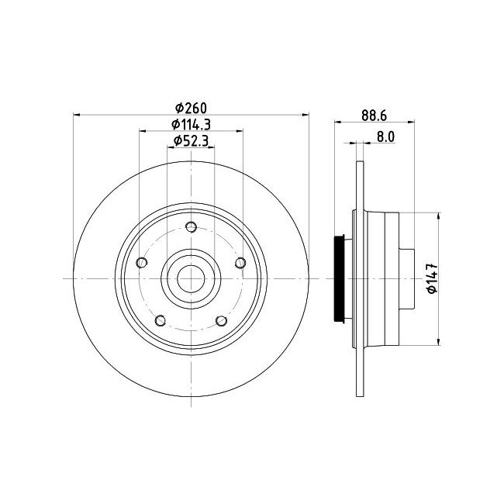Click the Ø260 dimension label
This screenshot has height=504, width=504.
191,108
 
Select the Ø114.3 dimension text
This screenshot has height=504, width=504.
191,124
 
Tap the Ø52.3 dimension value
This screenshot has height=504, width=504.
191,141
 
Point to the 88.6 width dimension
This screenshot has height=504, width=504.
374,116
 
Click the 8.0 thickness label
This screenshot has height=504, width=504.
385,137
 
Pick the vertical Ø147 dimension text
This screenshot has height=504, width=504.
433,278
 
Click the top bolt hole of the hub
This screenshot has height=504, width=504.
192,227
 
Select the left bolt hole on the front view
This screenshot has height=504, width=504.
142,263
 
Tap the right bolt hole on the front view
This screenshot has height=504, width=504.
240,263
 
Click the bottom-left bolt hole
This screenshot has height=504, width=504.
161,320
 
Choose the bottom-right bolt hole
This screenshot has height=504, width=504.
222,320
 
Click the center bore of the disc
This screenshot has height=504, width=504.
191,278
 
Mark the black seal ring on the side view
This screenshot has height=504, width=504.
339,278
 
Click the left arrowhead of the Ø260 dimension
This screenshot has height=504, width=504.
77,115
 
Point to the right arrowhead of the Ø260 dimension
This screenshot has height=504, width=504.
306,115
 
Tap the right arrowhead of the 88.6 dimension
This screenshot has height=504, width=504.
411,122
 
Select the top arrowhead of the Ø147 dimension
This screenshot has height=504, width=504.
439,216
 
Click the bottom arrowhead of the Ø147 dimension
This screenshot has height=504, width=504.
439,342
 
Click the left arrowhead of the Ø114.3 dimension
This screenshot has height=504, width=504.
143,131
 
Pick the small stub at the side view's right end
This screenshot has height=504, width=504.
406,278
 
